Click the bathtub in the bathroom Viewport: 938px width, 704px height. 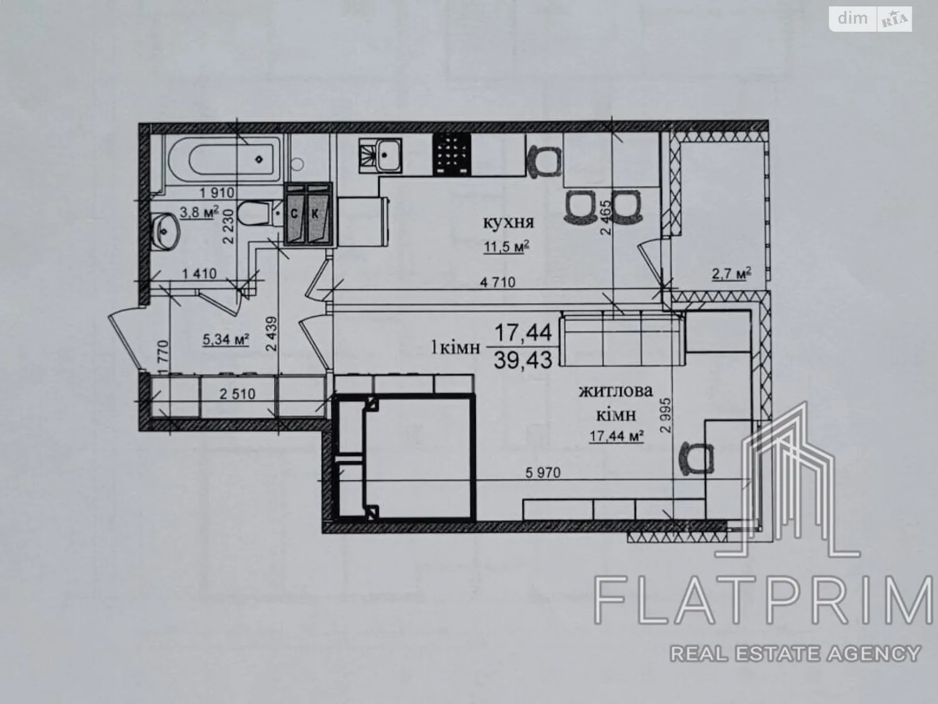tap(223, 160)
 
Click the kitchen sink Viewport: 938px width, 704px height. tap(380, 155)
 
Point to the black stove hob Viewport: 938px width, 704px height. tap(452, 154)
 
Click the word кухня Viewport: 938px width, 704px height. tap(508, 222)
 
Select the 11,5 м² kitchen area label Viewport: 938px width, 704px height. tap(507, 246)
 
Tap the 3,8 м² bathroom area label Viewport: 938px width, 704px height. tap(199, 212)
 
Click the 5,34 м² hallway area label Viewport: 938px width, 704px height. tap(226, 340)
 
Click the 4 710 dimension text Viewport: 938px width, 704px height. tap(498, 282)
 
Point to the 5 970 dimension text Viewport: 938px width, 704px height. tap(543, 473)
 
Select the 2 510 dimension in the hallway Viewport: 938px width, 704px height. tap(237, 394)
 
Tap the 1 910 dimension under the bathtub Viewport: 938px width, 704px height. tap(217, 193)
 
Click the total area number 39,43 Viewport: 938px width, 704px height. tap(523, 360)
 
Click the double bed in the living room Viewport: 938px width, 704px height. tap(404, 457)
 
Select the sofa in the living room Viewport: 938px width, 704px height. tap(622, 339)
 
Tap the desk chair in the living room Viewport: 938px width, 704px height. tap(696, 458)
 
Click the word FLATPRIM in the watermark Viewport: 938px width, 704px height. tap(763, 600)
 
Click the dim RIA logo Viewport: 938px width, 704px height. tap(871, 19)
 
